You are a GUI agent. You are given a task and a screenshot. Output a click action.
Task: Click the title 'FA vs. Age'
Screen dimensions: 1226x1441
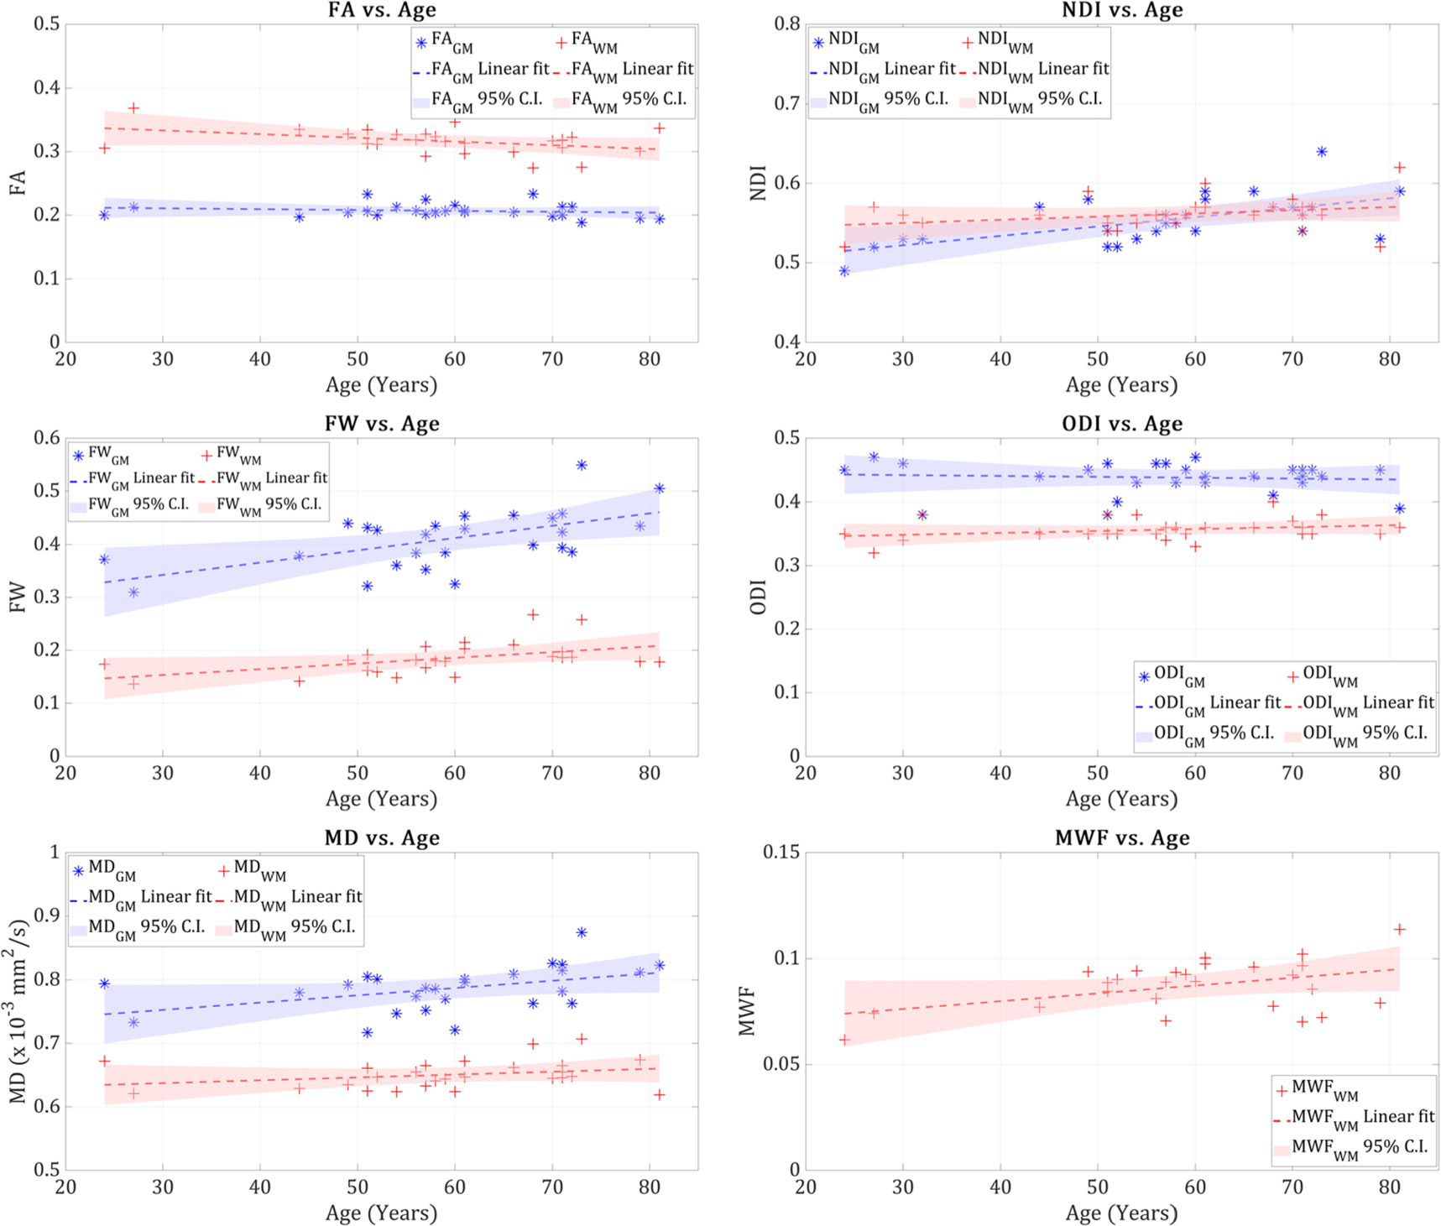pyautogui.click(x=382, y=10)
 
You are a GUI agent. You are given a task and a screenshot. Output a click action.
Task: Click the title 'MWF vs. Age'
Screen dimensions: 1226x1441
pyautogui.click(x=1122, y=837)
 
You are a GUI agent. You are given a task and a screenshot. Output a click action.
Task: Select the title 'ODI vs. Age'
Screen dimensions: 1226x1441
pyautogui.click(x=1122, y=424)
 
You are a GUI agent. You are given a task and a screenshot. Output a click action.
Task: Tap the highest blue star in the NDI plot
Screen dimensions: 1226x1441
pyautogui.click(x=1321, y=152)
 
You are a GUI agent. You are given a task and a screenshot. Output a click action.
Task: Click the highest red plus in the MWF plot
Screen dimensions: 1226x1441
pyautogui.click(x=1399, y=929)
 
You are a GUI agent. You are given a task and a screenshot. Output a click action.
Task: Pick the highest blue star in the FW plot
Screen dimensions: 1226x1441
pyautogui.click(x=581, y=465)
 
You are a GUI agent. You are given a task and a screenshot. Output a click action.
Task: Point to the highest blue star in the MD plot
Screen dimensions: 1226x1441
pyautogui.click(x=581, y=932)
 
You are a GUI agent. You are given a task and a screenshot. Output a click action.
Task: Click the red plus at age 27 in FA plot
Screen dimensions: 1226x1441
pyautogui.click(x=133, y=108)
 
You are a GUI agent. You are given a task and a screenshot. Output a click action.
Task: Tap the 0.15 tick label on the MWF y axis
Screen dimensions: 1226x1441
pyautogui.click(x=781, y=852)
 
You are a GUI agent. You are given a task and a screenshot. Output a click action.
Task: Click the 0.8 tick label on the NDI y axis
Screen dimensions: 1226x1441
pyautogui.click(x=787, y=23)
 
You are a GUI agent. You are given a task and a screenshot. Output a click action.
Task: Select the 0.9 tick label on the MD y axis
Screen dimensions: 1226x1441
pyautogui.click(x=47, y=916)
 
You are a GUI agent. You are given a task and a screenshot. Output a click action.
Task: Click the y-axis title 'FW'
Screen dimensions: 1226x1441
pyautogui.click(x=18, y=597)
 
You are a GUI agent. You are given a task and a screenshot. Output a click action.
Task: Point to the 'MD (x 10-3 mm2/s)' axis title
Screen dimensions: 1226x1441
pyautogui.click(x=18, y=1011)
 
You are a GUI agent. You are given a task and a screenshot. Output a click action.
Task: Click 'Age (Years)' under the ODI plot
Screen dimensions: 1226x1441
pyautogui.click(x=1121, y=799)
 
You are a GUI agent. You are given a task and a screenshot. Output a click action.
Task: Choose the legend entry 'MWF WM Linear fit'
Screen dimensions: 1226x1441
pyautogui.click(x=1353, y=1117)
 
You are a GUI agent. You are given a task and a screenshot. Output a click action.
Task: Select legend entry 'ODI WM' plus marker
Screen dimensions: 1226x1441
pyautogui.click(x=1293, y=676)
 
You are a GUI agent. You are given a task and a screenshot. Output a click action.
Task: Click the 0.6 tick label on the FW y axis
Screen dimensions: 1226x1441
pyautogui.click(x=47, y=437)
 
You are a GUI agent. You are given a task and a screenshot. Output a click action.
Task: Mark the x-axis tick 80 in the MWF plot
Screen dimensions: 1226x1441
pyautogui.click(x=1390, y=1187)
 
